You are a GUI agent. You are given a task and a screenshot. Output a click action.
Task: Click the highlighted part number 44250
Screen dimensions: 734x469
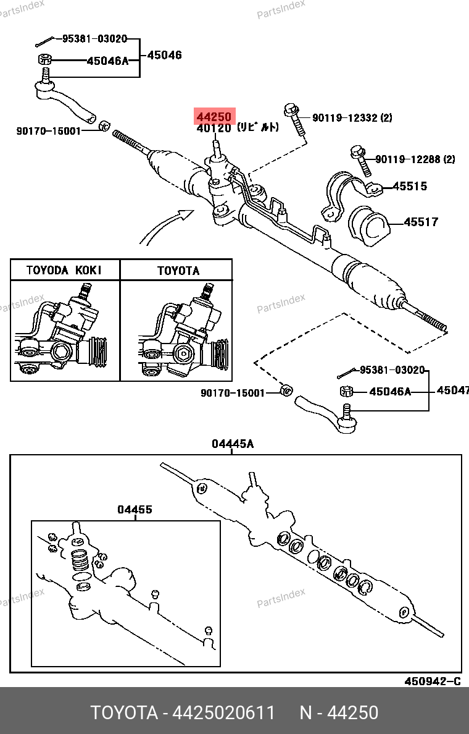[x=214, y=116]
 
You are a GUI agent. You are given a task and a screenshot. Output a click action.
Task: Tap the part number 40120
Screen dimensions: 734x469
[x=214, y=129]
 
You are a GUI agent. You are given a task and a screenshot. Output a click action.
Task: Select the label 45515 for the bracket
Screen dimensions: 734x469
[x=410, y=186]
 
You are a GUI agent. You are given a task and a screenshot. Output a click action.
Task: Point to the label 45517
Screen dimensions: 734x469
[x=421, y=222]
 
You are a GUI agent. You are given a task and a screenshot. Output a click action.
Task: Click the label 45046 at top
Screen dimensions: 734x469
[x=164, y=55]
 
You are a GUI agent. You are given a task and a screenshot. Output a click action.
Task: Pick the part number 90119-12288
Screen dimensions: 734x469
[x=407, y=159]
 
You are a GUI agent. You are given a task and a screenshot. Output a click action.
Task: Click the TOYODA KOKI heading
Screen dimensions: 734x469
[x=64, y=270]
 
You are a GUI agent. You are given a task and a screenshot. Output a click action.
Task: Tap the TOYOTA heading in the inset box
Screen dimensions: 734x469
[x=178, y=271]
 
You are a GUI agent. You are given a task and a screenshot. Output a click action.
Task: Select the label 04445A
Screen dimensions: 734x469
[x=233, y=444]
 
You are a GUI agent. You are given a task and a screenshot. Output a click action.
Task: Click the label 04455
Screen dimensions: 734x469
[x=135, y=510]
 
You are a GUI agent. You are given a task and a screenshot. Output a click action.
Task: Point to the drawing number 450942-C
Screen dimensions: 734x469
[x=433, y=681]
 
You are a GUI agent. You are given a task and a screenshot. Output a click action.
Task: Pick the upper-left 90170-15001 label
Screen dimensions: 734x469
[x=49, y=131]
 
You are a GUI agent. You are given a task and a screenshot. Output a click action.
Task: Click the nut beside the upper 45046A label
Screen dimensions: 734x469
[x=44, y=61]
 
